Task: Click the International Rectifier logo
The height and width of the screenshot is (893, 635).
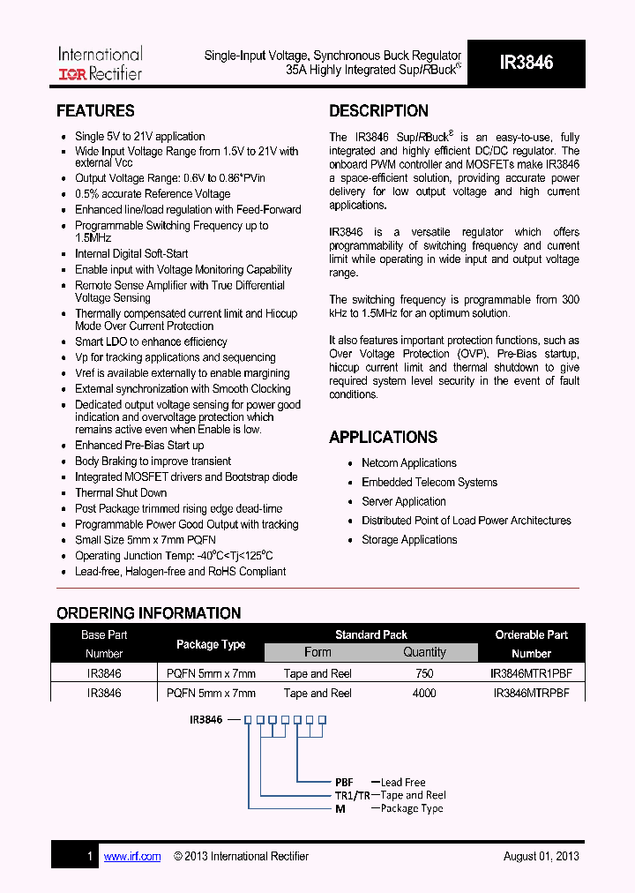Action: (100, 64)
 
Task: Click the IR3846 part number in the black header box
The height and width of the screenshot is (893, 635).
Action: (526, 63)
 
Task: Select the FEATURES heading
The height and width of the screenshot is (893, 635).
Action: (95, 111)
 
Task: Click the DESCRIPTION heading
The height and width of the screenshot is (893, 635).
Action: (378, 111)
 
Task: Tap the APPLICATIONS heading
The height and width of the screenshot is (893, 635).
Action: (383, 437)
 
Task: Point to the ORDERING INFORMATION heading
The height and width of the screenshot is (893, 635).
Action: (148, 613)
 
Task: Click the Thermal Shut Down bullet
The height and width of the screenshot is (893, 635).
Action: (121, 492)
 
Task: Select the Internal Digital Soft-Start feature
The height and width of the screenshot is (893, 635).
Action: (131, 254)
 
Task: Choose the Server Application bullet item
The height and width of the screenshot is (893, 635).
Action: (404, 501)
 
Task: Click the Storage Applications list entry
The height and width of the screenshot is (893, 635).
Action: (409, 540)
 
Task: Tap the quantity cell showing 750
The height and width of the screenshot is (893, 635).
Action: (424, 672)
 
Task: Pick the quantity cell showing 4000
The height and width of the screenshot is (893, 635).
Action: (424, 694)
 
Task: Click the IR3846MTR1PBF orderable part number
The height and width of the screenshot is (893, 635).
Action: (531, 672)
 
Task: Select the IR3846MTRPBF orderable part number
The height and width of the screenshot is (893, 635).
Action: (531, 694)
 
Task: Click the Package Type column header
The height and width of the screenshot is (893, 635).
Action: (211, 644)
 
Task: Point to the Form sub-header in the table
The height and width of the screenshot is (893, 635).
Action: (317, 653)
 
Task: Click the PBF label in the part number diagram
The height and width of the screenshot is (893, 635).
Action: (344, 782)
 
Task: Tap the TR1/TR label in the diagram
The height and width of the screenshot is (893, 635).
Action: (351, 795)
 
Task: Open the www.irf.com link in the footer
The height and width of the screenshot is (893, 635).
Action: (132, 856)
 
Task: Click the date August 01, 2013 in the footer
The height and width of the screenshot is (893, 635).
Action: (541, 856)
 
